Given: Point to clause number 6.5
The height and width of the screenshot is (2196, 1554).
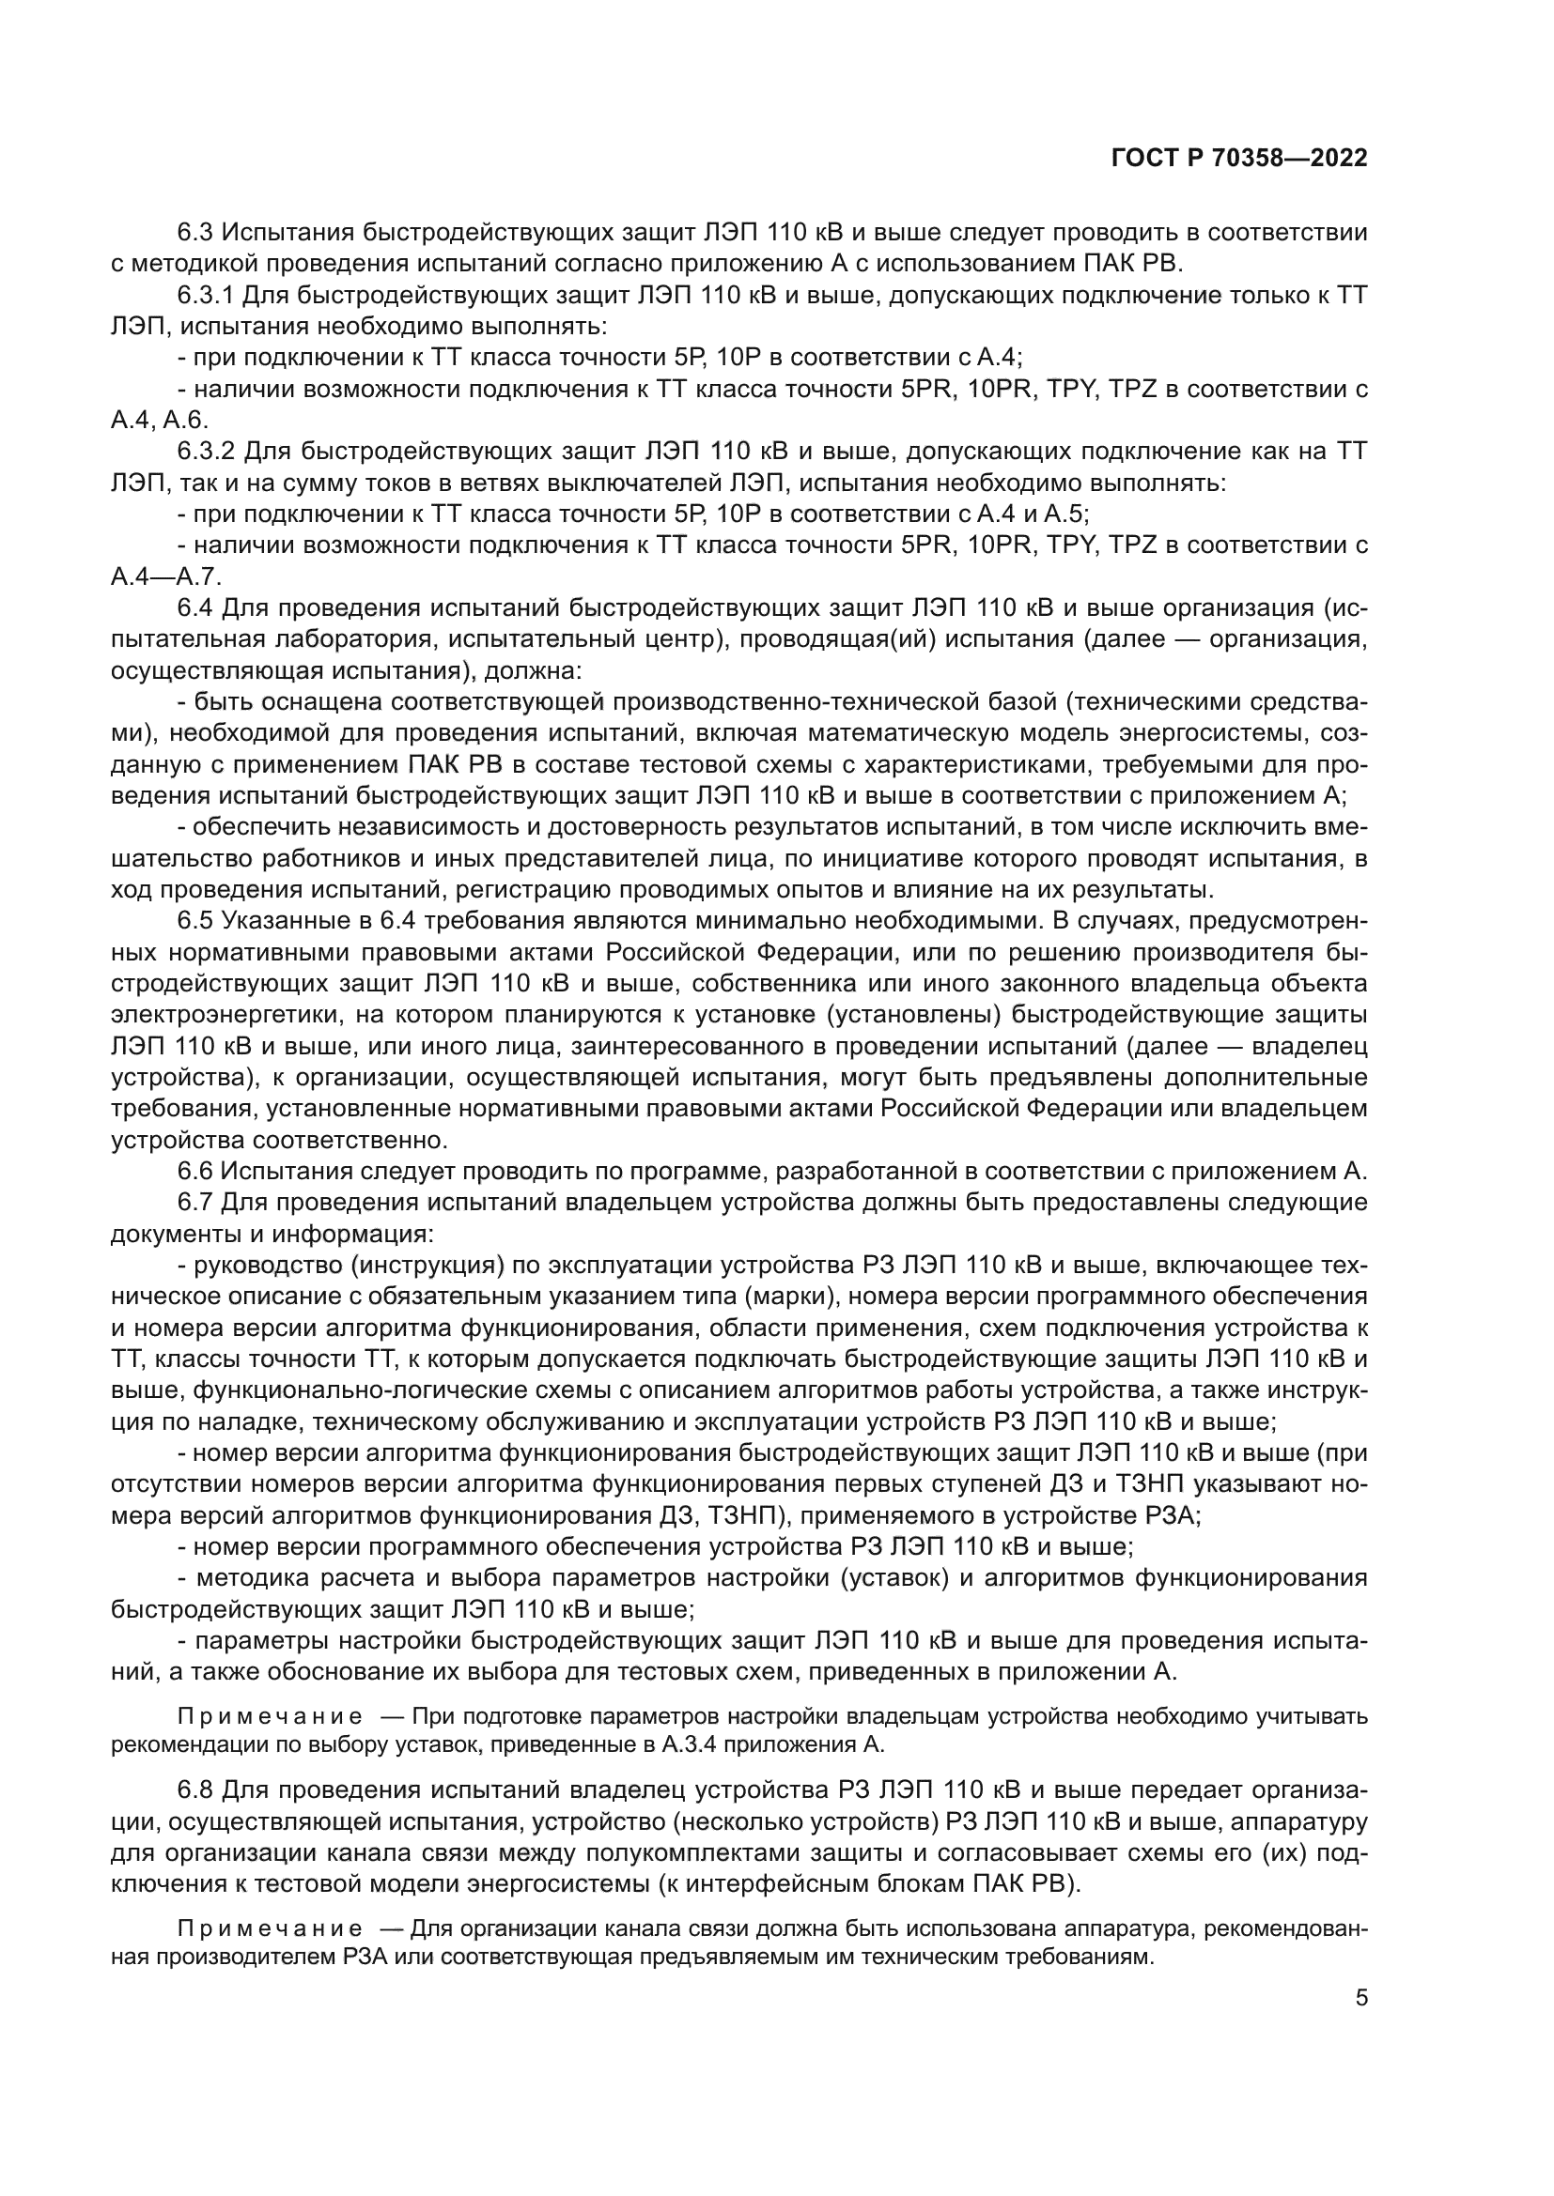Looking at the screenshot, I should click(x=195, y=921).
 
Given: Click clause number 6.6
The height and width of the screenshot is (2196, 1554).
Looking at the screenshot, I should click(x=195, y=1172).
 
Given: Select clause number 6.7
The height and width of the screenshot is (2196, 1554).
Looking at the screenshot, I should click(x=195, y=1204).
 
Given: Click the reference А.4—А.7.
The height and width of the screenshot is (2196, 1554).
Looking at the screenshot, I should click(x=165, y=577).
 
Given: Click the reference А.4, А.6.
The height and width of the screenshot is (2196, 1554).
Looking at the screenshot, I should click(x=159, y=421).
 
